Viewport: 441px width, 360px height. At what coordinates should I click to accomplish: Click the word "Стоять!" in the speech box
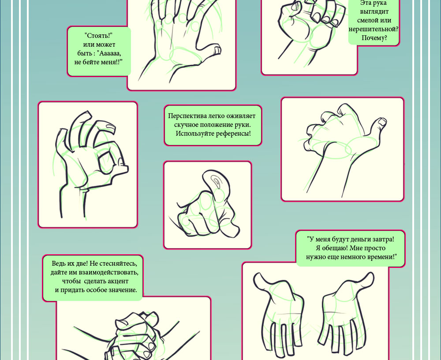98,36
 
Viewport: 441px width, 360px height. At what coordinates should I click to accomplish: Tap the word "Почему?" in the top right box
374,37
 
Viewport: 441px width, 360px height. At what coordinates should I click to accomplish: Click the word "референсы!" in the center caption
233,133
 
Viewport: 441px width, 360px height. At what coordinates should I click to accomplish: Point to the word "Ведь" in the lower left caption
59,264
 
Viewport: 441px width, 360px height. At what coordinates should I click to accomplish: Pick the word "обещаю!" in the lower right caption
335,248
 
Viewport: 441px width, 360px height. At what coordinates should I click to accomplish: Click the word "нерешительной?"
374,29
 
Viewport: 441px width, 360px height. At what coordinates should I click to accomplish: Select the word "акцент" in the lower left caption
118,281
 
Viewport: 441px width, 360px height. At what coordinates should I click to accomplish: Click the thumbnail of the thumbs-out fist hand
382,122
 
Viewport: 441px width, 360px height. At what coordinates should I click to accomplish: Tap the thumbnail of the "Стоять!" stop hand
218,50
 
